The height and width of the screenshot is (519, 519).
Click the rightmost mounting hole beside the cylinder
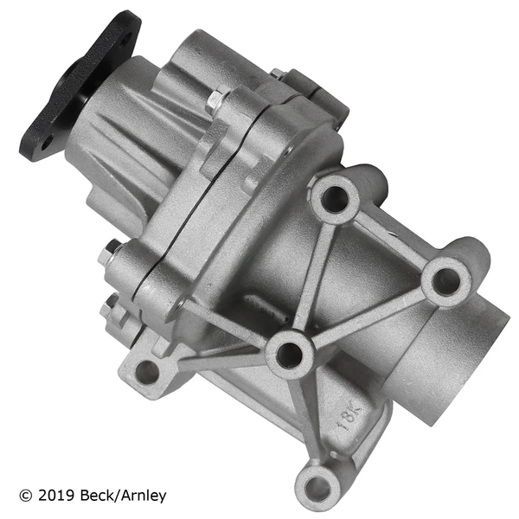446,280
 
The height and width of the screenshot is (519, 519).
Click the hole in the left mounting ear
148,372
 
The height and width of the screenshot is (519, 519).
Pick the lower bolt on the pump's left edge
108,304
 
